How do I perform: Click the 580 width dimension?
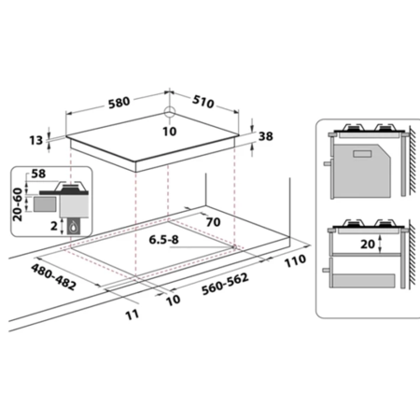pos(119,103)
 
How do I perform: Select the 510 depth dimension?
pos(203,102)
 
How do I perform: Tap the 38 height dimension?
pos(266,136)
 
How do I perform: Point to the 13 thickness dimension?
pos(36,140)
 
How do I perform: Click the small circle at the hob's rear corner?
pos(170,111)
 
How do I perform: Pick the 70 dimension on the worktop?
pos(213,222)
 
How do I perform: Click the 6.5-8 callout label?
pos(164,240)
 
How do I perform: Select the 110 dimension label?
pos(295,260)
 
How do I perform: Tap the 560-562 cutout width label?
pos(225,284)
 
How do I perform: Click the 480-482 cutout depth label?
pos(53,277)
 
